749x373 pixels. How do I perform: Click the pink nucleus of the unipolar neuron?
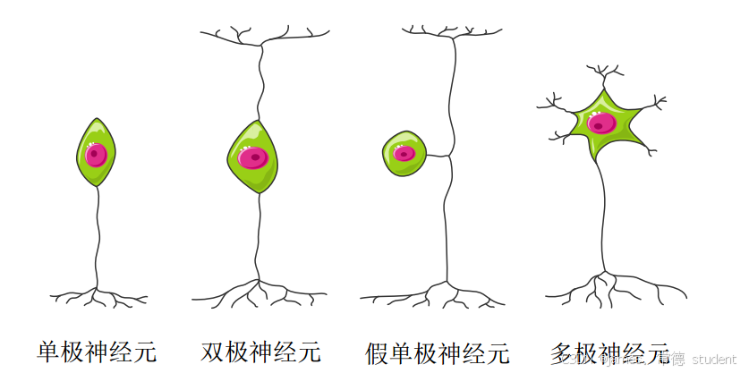pyautogui.click(x=96, y=155)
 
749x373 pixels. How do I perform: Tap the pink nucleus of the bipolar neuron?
pyautogui.click(x=254, y=158)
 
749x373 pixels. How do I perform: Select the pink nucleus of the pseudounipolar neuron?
pyautogui.click(x=404, y=153)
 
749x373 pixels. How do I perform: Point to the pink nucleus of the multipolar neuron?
pyautogui.click(x=602, y=123)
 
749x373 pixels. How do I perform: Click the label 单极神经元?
pyautogui.click(x=97, y=352)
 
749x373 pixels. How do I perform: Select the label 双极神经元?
pyautogui.click(x=260, y=352)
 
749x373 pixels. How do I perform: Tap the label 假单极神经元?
pyautogui.click(x=438, y=352)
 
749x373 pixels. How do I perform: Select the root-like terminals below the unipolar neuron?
pyautogui.click(x=98, y=294)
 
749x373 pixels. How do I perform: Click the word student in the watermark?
pyautogui.click(x=714, y=359)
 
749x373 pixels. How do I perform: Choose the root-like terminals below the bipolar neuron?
pyautogui.click(x=260, y=291)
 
